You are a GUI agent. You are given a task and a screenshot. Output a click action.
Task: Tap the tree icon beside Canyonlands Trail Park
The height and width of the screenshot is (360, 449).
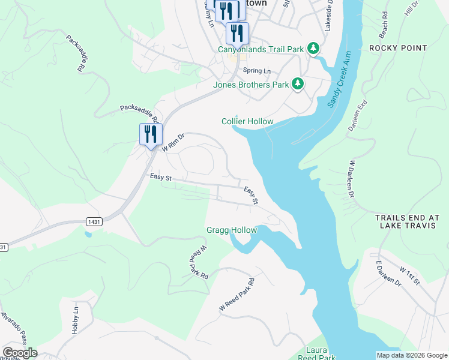[x=312, y=48]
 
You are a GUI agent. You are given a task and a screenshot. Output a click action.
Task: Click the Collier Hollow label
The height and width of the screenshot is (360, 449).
[x=247, y=121]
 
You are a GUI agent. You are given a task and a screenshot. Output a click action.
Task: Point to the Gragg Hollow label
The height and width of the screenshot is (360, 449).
[x=232, y=230]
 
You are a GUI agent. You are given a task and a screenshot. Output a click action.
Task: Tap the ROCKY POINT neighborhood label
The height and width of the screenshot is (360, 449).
[x=398, y=48]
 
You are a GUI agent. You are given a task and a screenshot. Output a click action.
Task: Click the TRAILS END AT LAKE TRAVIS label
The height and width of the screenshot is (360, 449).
[x=407, y=221]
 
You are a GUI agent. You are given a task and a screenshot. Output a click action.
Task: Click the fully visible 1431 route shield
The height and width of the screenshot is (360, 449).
[x=94, y=221]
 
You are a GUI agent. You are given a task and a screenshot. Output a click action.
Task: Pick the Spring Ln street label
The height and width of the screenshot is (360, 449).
[x=256, y=71]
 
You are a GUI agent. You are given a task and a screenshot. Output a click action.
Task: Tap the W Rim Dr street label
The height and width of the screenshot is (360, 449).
[x=173, y=143]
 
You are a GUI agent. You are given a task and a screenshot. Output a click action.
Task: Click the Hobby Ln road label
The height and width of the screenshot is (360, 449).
[x=75, y=320]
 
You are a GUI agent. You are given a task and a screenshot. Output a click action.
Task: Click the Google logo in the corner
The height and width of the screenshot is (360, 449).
[x=19, y=353]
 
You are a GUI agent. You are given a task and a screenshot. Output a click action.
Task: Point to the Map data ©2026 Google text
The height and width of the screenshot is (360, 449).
[x=411, y=355]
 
